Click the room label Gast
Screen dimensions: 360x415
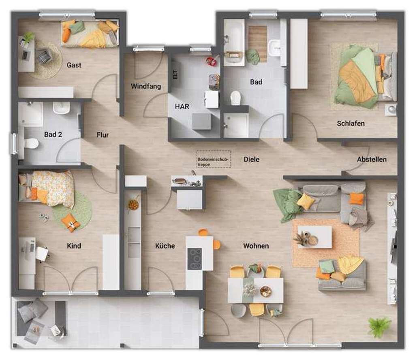(x=74, y=65)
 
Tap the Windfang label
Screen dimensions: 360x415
(x=146, y=86)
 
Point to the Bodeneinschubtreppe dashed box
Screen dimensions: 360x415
(x=214, y=159)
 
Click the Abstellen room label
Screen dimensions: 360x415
(x=371, y=160)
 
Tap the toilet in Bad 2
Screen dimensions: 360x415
(x=30, y=143)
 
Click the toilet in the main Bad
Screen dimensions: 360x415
(x=235, y=98)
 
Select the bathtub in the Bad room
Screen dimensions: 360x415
(x=234, y=43)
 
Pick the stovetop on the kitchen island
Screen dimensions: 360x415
(x=195, y=258)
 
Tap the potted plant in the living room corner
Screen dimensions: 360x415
(x=379, y=326)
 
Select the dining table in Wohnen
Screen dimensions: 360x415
(x=255, y=290)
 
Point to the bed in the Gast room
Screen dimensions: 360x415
(x=90, y=34)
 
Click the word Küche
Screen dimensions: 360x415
(x=165, y=246)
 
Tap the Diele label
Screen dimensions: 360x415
(x=251, y=160)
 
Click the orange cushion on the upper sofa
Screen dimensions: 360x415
(x=357, y=198)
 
